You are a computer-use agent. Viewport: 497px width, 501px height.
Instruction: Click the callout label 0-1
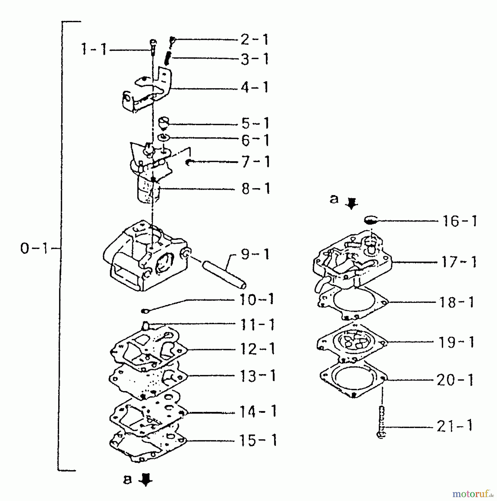35,249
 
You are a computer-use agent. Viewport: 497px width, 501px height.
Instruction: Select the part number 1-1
94,50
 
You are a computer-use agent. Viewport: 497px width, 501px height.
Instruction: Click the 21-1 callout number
455,426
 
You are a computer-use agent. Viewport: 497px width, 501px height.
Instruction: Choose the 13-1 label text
258,376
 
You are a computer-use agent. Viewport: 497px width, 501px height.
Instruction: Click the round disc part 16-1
371,221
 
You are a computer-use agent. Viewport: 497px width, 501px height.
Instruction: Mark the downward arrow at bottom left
146,480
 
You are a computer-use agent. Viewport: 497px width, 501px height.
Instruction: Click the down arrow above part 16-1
351,203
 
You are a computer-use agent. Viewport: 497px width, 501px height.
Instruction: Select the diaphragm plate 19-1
352,342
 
